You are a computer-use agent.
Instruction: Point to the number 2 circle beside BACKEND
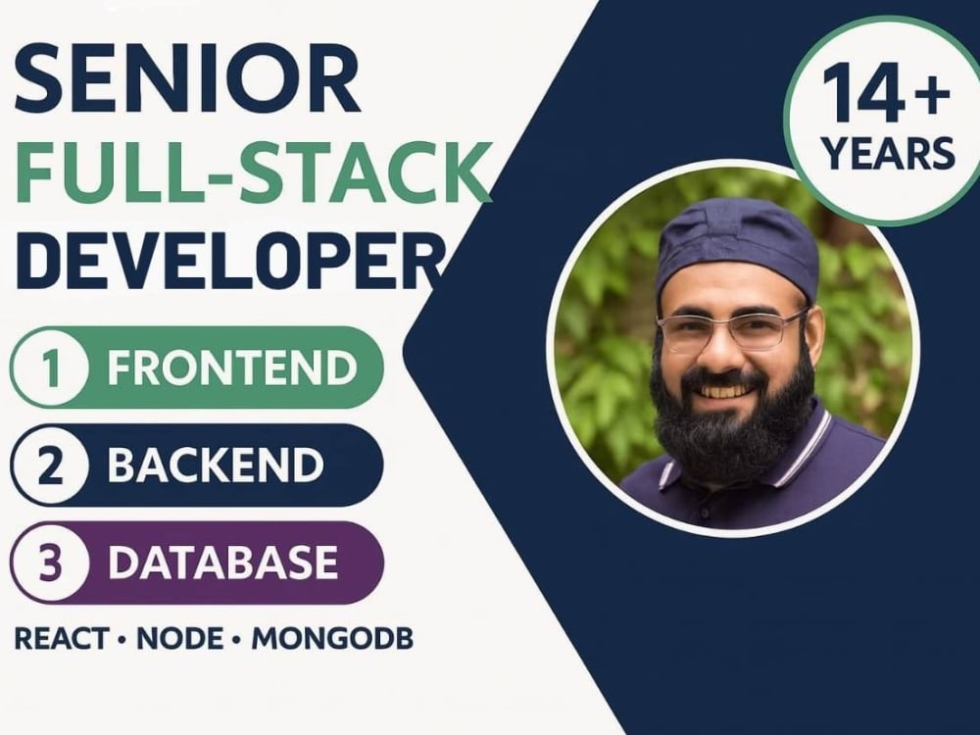click(50, 465)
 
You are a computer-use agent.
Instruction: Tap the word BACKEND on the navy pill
click(215, 465)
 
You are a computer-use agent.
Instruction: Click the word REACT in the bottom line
click(61, 639)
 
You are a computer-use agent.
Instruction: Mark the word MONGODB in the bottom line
click(332, 639)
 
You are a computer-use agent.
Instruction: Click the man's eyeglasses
click(730, 330)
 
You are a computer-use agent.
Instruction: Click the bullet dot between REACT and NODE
click(122, 640)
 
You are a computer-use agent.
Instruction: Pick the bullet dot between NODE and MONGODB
click(237, 640)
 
